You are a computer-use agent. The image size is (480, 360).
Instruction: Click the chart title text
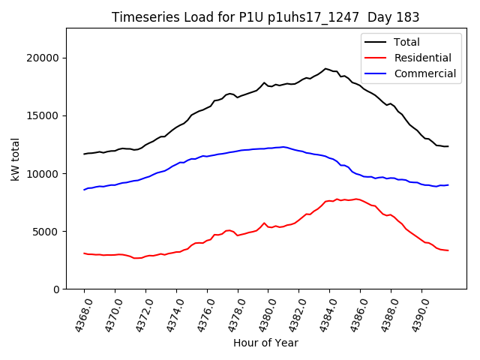click(265, 17)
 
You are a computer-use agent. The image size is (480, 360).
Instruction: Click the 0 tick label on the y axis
click(56, 289)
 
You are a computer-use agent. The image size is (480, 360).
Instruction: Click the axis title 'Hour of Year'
click(265, 343)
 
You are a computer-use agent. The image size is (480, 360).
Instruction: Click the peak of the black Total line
click(325, 68)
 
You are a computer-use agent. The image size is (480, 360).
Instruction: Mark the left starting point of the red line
click(84, 253)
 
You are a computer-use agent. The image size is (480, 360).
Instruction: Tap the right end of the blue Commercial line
click(448, 184)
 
